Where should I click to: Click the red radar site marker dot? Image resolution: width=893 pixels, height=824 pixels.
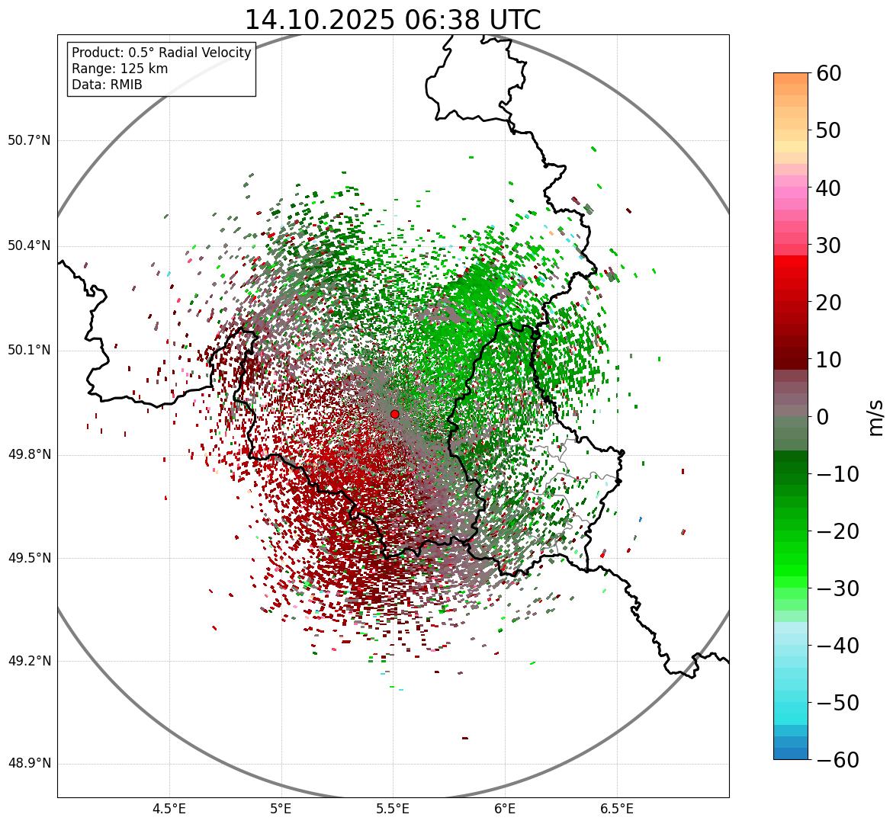pos(394,414)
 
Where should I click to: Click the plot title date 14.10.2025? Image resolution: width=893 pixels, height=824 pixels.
pos(320,20)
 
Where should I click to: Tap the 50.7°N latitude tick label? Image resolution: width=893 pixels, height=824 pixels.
pos(28,141)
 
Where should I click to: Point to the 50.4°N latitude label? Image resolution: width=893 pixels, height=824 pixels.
pos(28,246)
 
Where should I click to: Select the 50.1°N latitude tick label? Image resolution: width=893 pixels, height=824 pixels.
pos(28,351)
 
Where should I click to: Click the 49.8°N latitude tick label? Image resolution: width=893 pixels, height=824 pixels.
pos(28,455)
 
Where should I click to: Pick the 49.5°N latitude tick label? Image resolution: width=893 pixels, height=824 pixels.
pos(28,559)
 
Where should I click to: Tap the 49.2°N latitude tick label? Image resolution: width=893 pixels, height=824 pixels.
pos(28,661)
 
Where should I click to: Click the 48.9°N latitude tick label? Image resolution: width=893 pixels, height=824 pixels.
pos(28,764)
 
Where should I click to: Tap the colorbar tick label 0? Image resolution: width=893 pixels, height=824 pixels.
pos(824,417)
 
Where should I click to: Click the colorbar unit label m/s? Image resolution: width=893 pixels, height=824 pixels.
pos(876,417)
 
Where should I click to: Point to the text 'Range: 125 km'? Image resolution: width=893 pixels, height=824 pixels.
pos(120,69)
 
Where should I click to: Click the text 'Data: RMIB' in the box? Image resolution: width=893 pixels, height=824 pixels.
pos(107,85)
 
